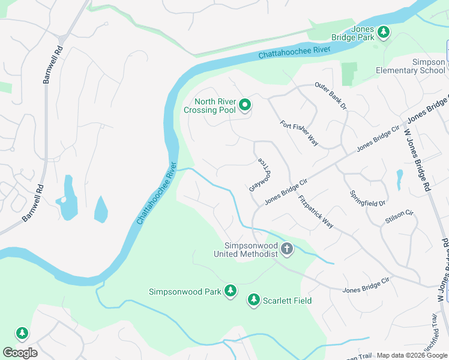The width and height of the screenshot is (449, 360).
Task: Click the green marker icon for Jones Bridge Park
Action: [384, 32]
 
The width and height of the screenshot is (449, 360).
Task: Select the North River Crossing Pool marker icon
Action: [245, 106]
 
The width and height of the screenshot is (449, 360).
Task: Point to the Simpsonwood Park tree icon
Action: [230, 292]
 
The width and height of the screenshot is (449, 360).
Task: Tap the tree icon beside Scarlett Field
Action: [253, 300]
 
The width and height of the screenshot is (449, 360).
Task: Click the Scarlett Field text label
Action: [287, 301]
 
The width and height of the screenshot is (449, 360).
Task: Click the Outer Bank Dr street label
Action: [331, 97]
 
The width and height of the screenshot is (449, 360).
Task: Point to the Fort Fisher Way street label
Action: [299, 133]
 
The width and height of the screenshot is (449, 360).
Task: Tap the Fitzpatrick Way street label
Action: [315, 213]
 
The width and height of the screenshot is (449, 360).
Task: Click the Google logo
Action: [20, 353]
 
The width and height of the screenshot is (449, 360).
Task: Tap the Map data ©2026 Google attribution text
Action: [412, 355]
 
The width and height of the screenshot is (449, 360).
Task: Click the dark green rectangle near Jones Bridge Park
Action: [349, 74]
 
